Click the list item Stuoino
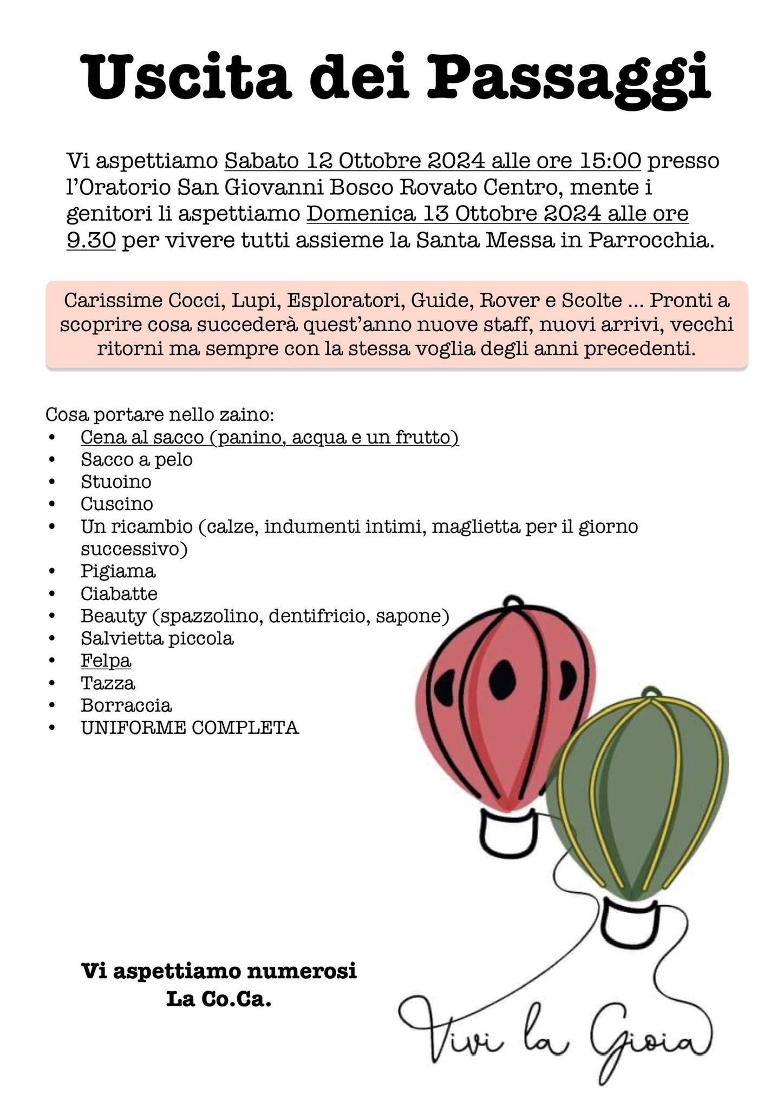[116, 481]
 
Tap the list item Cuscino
[117, 504]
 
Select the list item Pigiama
[118, 571]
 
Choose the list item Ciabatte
[119, 593]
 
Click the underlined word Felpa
[106, 661]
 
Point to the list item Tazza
[108, 683]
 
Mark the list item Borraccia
[126, 705]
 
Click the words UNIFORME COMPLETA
[190, 728]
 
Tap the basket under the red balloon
[508, 832]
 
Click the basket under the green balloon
[632, 921]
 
